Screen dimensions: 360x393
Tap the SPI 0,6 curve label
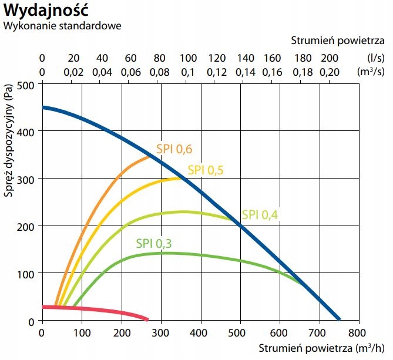coord(174,149)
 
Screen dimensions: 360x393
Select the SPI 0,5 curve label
coord(206,170)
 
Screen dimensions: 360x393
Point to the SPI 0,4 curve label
coord(259,214)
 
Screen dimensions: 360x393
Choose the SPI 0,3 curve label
coord(154,243)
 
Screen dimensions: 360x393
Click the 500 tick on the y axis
coord(26,84)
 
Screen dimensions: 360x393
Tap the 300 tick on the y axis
coord(26,179)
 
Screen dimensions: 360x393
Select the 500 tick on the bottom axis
coord(240,332)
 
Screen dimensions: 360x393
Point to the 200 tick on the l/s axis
coord(330,58)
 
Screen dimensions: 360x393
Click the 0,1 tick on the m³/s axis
coord(188,72)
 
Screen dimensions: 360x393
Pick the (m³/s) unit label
coord(373,72)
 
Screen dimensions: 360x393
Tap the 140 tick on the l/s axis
coord(246,58)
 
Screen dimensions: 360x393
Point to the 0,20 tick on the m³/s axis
coord(330,72)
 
